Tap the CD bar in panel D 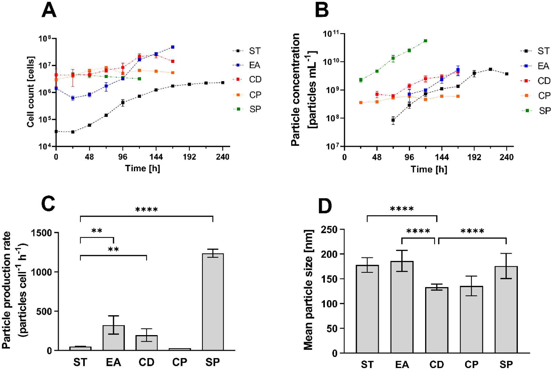[437, 320]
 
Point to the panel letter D [325, 206]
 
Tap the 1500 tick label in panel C [41, 233]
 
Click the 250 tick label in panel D [329, 230]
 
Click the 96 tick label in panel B [409, 157]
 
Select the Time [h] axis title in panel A [142, 168]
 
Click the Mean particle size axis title [308, 289]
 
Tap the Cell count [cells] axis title [31, 92]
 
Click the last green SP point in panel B [425, 41]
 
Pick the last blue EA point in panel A [173, 47]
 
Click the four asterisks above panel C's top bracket [146, 209]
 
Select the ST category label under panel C [80, 362]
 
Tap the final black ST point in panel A [223, 83]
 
